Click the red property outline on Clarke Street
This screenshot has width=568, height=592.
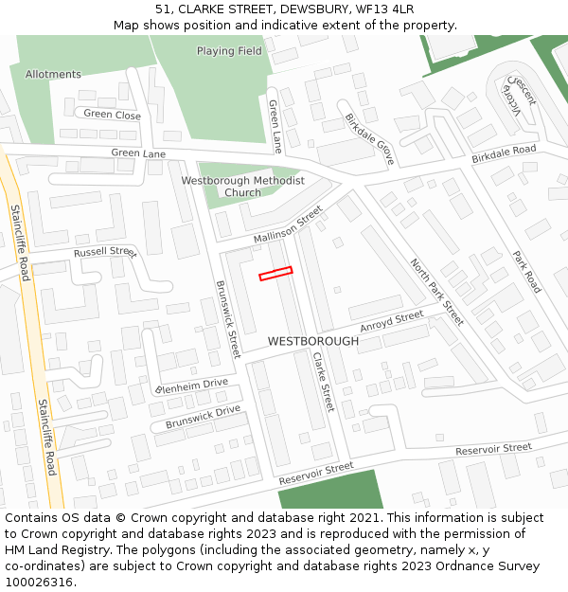[x=275, y=274]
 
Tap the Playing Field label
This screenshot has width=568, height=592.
[x=229, y=51]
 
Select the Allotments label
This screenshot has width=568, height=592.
[x=53, y=75]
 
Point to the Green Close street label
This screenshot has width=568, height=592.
[x=112, y=115]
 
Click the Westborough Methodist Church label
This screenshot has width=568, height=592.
[x=243, y=187]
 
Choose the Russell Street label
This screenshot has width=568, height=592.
[x=105, y=253]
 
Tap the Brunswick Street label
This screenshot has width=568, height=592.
[x=228, y=318]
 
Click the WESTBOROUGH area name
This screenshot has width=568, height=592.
[x=313, y=341]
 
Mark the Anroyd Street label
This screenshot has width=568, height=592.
[x=392, y=322]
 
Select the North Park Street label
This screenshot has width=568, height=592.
[x=436, y=292]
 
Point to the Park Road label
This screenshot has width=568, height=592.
[x=526, y=271]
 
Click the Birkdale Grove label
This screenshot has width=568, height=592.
[x=369, y=139]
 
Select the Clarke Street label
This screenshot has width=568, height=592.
[x=323, y=381]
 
